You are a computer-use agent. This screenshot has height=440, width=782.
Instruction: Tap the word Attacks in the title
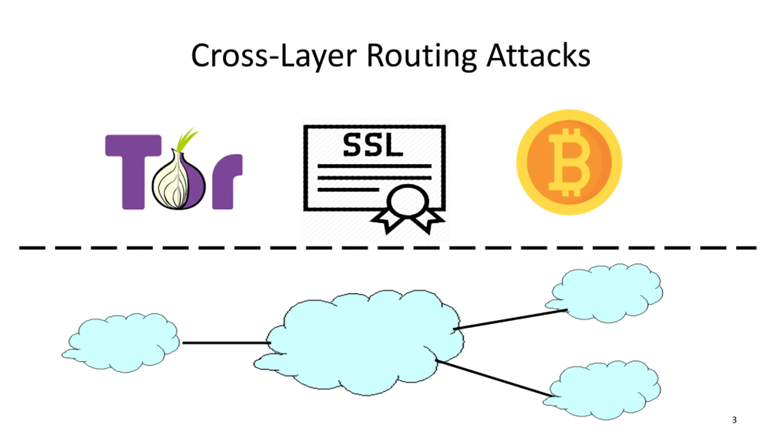coord(539,55)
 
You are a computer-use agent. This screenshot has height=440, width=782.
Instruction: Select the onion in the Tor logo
coord(179,179)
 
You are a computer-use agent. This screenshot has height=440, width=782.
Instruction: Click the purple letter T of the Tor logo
coord(133,172)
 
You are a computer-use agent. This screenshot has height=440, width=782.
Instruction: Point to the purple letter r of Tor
coord(227,182)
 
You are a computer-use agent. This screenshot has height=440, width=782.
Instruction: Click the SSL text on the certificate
coord(373,145)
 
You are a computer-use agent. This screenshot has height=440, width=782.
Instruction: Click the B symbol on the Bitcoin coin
coord(569,162)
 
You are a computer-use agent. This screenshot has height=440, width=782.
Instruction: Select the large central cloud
coord(359,343)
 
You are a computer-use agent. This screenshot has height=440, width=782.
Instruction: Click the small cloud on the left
coord(121,343)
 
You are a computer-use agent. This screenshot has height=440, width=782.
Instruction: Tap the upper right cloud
coord(604,293)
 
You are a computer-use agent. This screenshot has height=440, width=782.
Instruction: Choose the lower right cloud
coord(602,390)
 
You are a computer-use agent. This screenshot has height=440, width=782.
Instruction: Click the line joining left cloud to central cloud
coord(226,343)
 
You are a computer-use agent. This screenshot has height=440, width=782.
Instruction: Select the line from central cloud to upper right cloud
coord(510,319)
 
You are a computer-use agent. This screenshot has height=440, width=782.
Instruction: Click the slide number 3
coord(734,420)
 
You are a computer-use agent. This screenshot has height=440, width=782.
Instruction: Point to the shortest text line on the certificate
coord(348,190)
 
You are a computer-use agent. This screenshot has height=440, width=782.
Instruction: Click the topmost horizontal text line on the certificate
coord(375,166)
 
